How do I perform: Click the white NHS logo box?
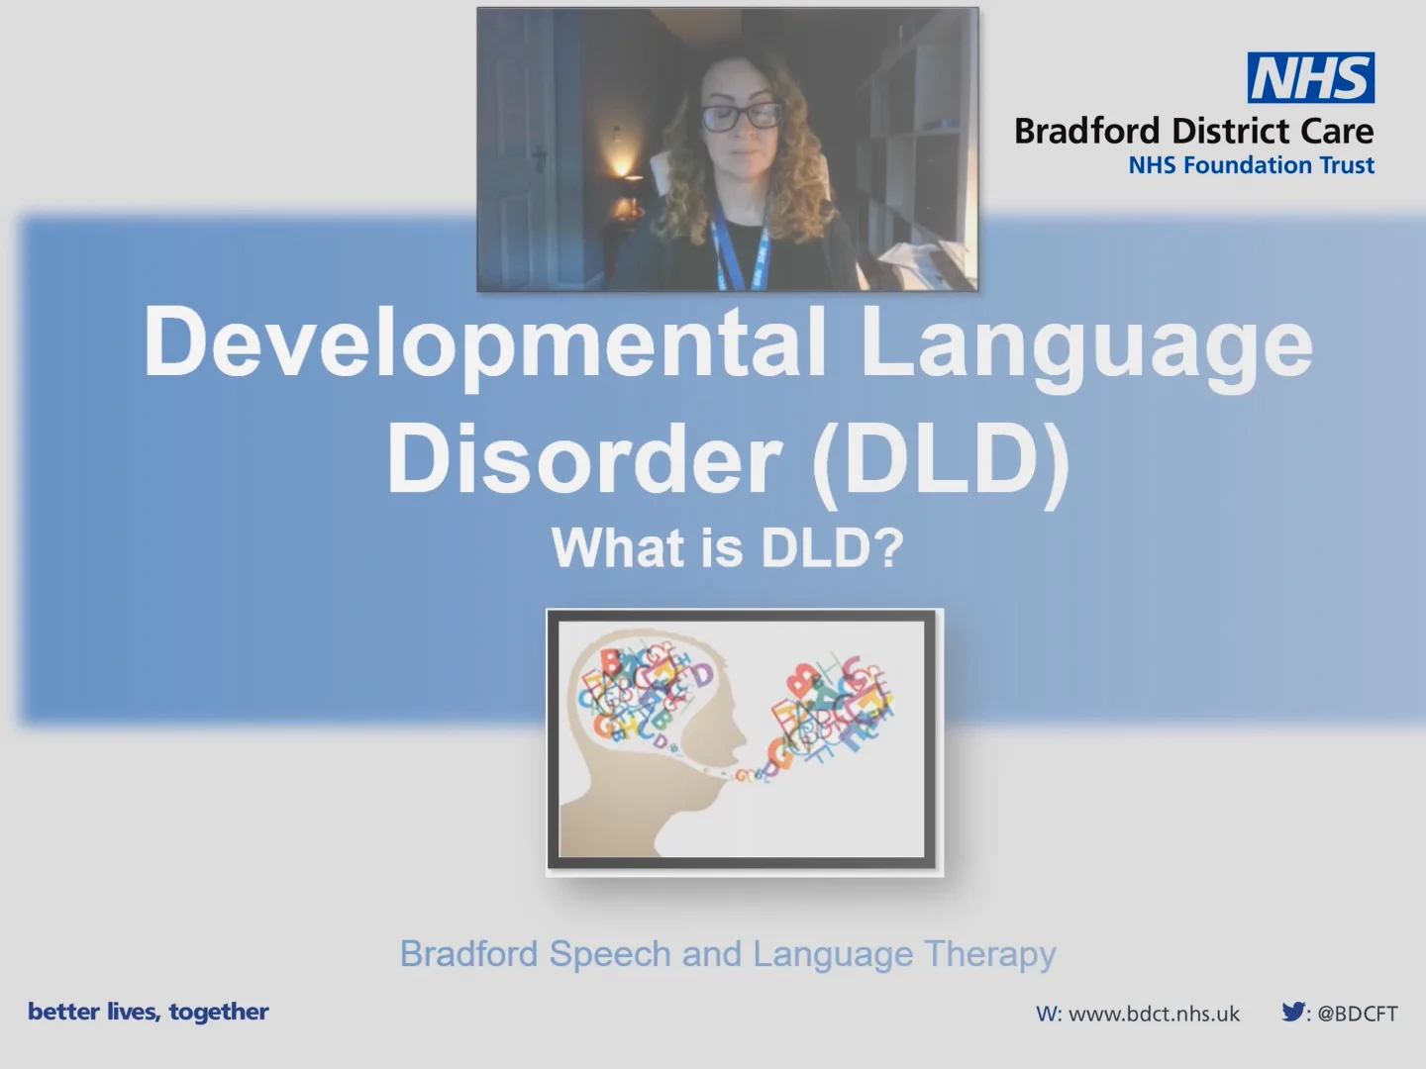point(1310,78)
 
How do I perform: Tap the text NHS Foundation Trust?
point(1251,165)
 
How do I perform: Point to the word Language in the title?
point(1085,342)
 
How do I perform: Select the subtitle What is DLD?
point(727,547)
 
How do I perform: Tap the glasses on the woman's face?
point(740,116)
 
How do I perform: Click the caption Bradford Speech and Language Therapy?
point(728,954)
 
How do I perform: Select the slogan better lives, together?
point(149,1012)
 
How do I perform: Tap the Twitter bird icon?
point(1293,1012)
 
